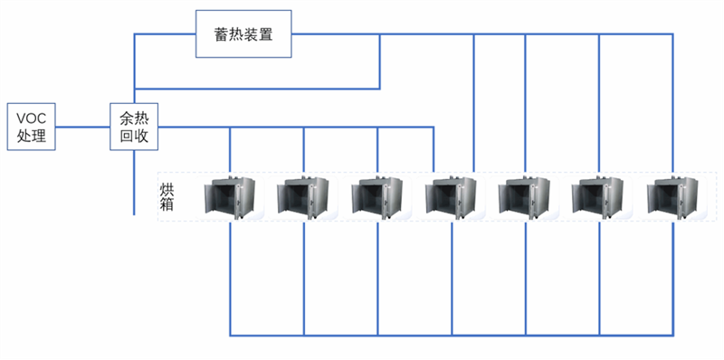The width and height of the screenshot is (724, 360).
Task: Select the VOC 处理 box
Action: pos(30,126)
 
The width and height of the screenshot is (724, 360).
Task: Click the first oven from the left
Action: pos(233,196)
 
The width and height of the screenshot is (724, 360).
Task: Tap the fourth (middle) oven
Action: pos(452,196)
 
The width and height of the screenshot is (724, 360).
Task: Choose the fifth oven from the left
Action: pos(526,196)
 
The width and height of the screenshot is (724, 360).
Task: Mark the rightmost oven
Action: pos(672,196)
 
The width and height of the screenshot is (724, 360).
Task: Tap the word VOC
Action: pos(30,117)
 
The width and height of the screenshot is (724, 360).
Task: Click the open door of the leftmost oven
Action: pos(216,198)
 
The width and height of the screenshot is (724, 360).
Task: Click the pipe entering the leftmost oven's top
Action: pos(230,149)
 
